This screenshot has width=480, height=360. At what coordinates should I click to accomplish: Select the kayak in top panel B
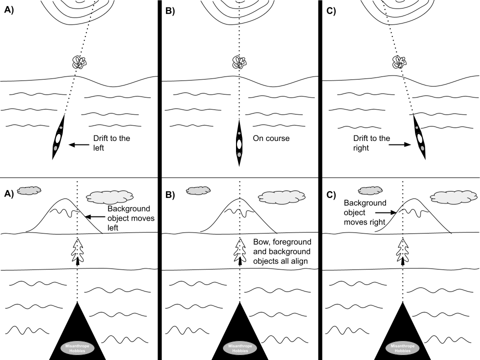[x=239, y=142]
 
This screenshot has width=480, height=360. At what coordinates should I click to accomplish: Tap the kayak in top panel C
[x=419, y=137]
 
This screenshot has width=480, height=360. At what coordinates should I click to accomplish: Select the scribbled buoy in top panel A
[x=79, y=62]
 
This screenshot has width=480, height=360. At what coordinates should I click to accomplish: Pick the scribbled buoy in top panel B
[x=239, y=62]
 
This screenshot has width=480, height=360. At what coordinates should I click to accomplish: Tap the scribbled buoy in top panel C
[x=399, y=62]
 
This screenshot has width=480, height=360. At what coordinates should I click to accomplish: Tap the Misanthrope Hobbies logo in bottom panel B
[x=239, y=348]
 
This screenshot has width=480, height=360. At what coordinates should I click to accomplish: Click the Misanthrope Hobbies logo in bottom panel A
[x=77, y=348]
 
